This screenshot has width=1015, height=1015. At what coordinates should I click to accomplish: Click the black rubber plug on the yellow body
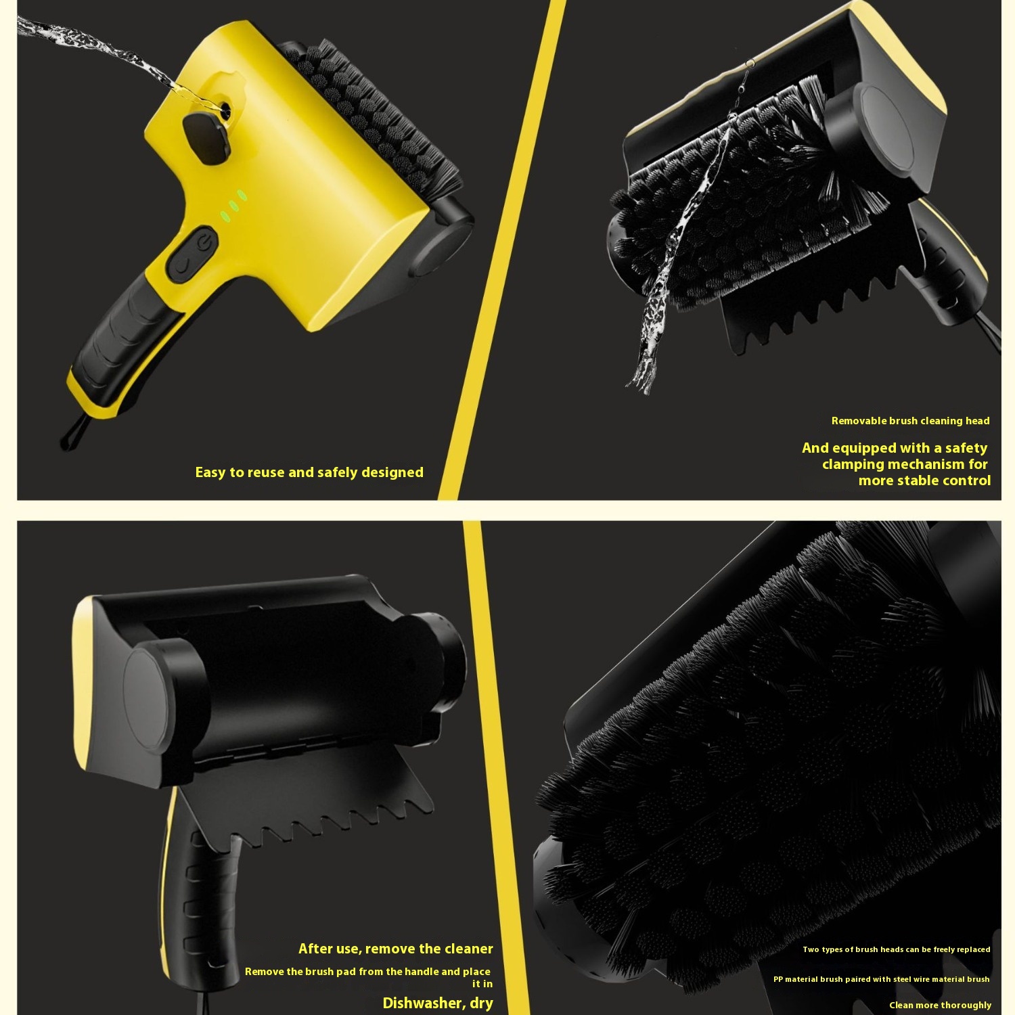click(206, 137)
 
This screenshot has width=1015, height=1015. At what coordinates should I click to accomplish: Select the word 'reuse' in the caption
click(266, 472)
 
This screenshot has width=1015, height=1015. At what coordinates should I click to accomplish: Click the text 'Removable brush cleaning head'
click(910, 421)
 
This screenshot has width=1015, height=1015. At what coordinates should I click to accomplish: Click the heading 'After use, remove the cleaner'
click(396, 949)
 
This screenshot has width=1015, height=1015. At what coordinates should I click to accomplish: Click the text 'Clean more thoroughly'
click(940, 1006)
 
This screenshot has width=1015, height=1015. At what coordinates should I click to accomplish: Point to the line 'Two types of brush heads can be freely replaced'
click(897, 949)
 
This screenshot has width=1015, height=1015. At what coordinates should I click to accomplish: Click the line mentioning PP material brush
click(881, 979)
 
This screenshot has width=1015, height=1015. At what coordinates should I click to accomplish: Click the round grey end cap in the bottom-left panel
click(151, 696)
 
